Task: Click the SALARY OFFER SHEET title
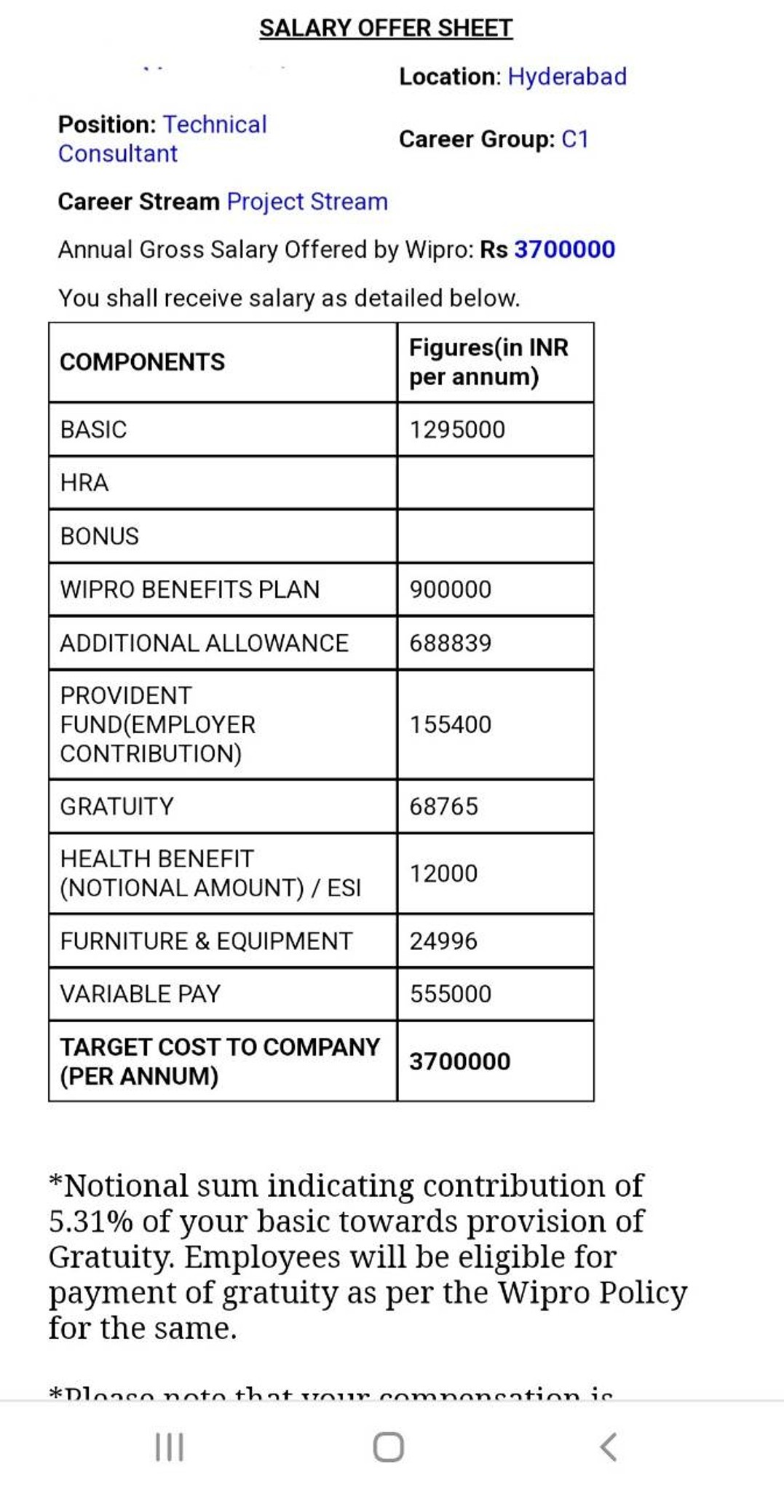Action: (x=386, y=28)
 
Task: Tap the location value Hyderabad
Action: (x=567, y=76)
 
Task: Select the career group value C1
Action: (x=574, y=139)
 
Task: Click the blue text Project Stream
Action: (x=307, y=202)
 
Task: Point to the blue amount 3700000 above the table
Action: (x=564, y=250)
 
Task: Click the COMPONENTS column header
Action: (x=143, y=362)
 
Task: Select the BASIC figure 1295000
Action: (x=457, y=430)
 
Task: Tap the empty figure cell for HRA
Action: (x=495, y=483)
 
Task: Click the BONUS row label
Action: (x=100, y=537)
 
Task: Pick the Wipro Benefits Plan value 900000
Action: (x=451, y=590)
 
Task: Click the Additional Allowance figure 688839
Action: (x=451, y=643)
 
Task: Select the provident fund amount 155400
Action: (x=451, y=724)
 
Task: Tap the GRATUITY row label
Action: (x=117, y=807)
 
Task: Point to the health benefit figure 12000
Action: (x=443, y=874)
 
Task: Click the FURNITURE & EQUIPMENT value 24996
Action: (x=443, y=941)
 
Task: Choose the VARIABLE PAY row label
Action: (x=140, y=994)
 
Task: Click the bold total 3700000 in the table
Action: (x=459, y=1061)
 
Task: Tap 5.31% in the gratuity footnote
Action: (x=91, y=1222)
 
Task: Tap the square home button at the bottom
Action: (x=389, y=1447)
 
